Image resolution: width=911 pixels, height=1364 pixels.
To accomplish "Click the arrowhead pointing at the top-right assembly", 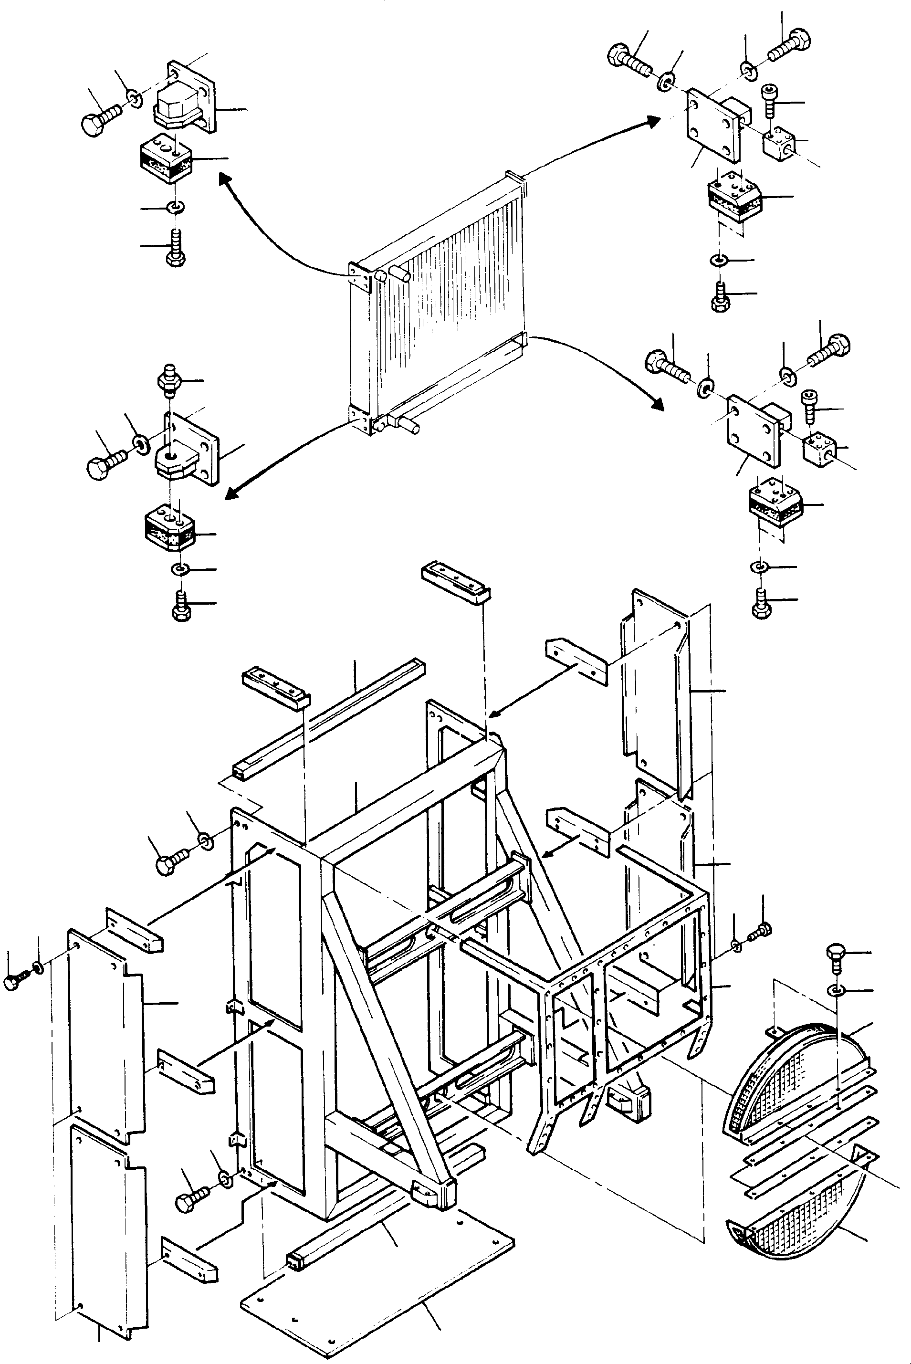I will pyautogui.click(x=654, y=120).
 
